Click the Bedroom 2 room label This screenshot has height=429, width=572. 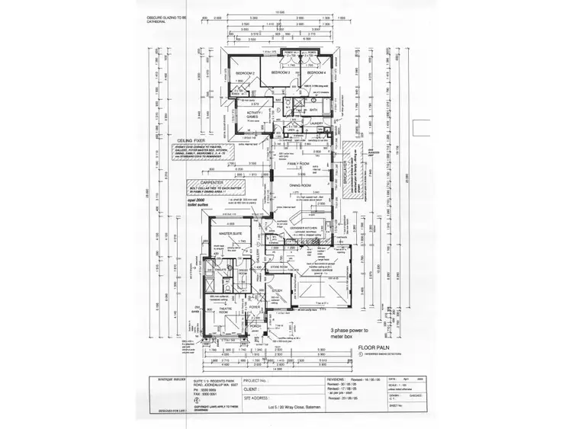click(x=245, y=72)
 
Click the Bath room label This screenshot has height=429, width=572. click(x=313, y=110)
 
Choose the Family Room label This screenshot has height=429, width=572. click(x=297, y=164)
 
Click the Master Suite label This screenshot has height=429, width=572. click(x=230, y=234)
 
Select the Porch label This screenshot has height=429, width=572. click(x=255, y=326)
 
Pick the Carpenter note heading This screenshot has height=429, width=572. click(x=199, y=184)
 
